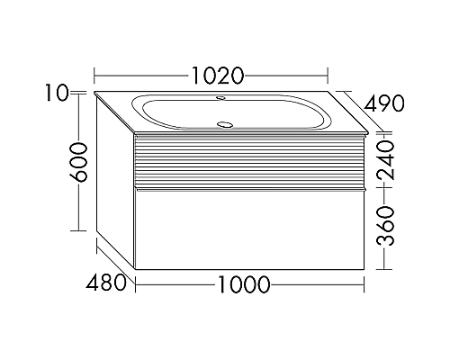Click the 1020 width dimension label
pos(217,76)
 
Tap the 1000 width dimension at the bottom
pos(243,284)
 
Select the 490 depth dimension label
pos(384,103)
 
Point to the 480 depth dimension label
pos(106,282)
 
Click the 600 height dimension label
pos(79,163)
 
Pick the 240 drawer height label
pos(385,160)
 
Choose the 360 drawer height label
pos(385,226)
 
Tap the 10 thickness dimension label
pos(57,93)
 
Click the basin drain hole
pos(224,123)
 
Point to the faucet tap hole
pos(221,97)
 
